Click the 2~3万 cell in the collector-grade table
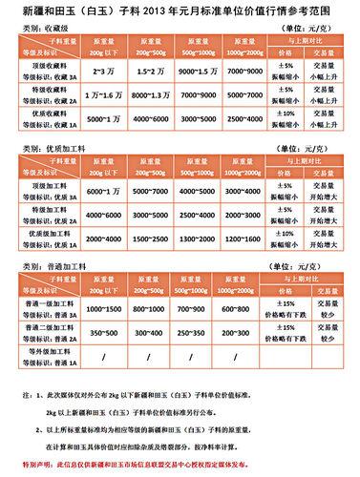102,72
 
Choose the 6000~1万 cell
102,191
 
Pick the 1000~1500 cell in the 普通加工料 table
102,310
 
